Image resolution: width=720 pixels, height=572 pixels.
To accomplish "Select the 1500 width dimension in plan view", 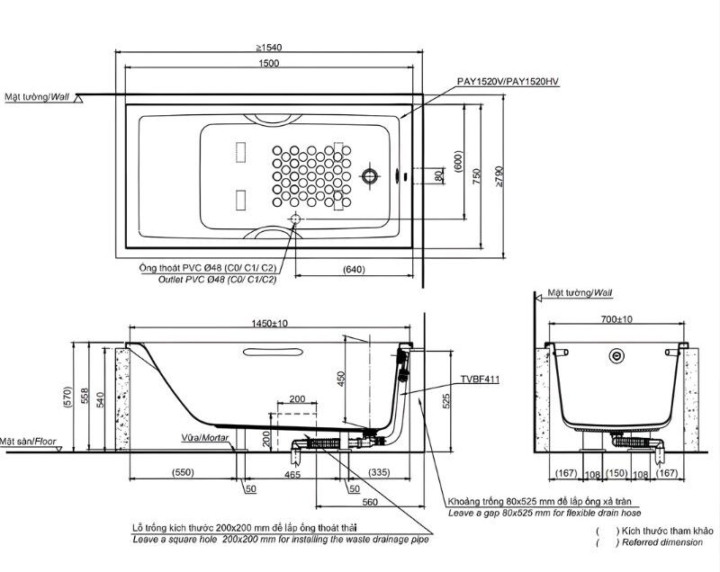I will point(267,63).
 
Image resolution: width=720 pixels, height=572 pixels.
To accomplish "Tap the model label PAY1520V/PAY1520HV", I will point(508,81).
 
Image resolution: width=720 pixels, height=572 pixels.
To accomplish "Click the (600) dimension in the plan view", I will point(458,163).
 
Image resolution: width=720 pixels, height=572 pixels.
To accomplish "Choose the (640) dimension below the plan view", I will point(354,268).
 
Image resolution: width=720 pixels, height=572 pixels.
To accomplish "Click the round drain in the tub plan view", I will point(372,175).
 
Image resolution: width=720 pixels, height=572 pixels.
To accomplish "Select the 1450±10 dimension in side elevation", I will point(269,323).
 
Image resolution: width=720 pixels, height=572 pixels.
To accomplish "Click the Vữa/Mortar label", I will point(204,437).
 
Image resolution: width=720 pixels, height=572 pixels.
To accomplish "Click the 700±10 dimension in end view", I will point(616,319).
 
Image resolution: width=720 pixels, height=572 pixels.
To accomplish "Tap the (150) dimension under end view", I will point(616,472).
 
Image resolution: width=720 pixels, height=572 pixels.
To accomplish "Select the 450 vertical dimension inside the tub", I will point(341,378).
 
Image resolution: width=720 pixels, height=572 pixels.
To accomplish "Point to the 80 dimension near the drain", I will point(438,176).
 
